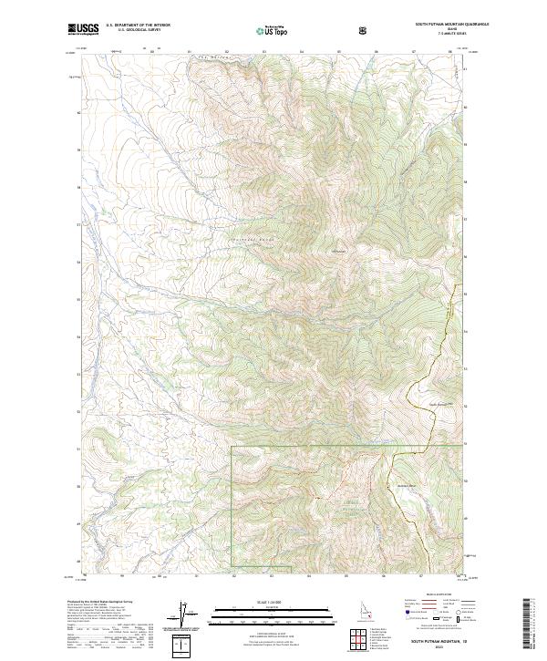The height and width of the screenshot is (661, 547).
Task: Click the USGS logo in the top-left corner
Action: tap(83, 29)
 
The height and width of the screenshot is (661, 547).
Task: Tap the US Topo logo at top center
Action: tap(273, 30)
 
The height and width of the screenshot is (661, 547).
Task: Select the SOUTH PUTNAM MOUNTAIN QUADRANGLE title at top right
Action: tap(446, 25)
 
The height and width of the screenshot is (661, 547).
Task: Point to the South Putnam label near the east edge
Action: tap(440, 404)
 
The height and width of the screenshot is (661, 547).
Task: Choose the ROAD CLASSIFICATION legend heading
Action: tap(433, 598)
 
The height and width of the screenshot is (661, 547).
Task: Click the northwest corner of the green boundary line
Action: tap(232, 447)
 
